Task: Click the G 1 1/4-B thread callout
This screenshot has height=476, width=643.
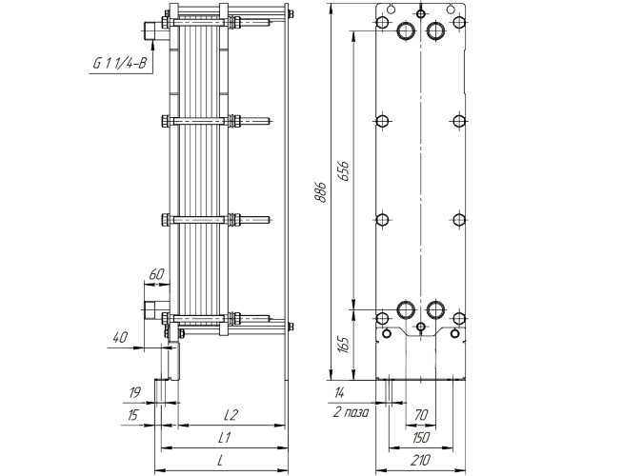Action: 120,63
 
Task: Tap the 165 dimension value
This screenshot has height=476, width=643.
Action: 344,346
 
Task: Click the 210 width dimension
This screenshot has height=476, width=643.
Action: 420,460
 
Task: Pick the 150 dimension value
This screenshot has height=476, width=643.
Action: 420,438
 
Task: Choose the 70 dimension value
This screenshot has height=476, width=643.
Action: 421,415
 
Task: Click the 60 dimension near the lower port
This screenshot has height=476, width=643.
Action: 156,274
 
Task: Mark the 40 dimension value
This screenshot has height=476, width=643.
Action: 120,338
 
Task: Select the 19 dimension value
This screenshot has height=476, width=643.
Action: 134,393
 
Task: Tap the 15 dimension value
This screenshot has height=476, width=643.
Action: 132,415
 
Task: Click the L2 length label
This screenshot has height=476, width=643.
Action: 231,415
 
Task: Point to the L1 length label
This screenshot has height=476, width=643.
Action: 224,438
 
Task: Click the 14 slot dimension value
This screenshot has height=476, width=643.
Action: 339,393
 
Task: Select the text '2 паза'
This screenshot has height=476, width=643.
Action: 351,412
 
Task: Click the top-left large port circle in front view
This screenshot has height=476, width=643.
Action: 406,30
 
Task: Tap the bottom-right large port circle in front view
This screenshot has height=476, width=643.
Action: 435,310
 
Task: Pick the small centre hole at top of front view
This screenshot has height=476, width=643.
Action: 421,14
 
